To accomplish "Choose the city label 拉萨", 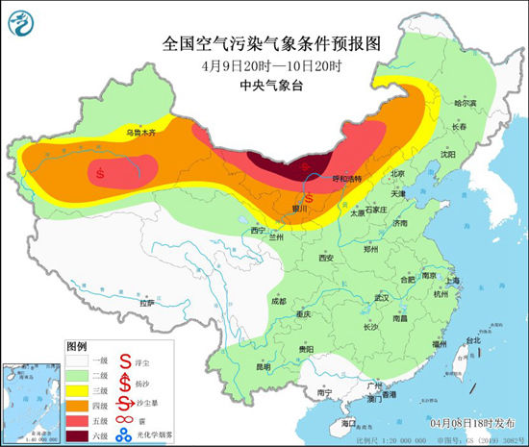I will [146, 303].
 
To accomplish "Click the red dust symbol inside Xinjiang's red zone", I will [101, 173].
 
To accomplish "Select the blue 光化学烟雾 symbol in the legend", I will [124, 437].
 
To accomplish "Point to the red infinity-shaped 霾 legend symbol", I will [124, 421].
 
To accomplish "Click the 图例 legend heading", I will [77, 344].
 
